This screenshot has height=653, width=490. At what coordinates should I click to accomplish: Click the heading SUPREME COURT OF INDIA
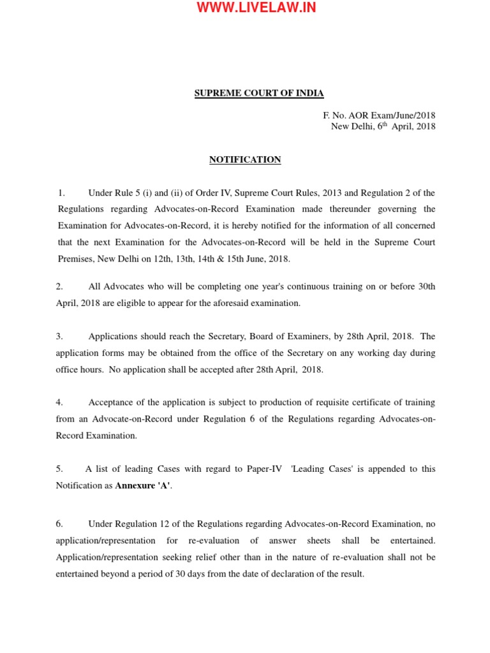pos(259,93)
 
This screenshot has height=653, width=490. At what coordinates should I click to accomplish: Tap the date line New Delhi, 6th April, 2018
pos(383,126)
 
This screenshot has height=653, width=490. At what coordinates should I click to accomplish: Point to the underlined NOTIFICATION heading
pos(245,159)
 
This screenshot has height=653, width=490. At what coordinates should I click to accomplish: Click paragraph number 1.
pos(61,193)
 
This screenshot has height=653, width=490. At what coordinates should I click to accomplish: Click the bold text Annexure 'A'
pos(144,485)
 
